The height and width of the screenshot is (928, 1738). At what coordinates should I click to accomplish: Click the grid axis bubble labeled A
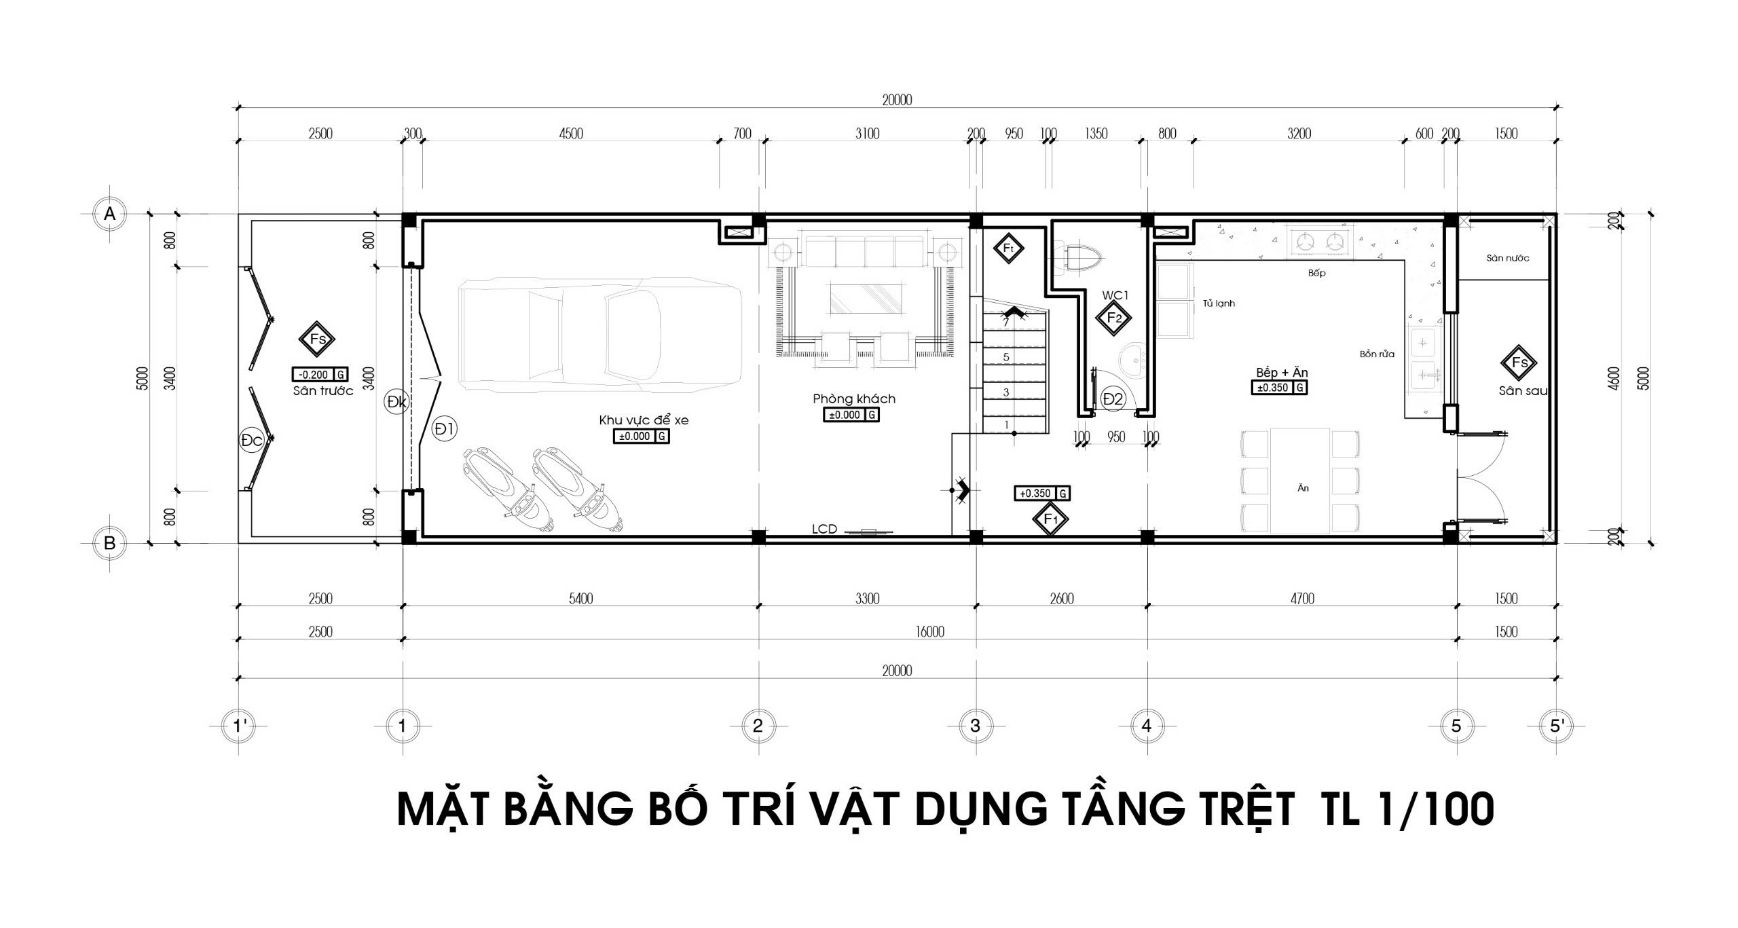point(109,214)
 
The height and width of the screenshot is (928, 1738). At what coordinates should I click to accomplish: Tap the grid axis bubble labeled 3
point(975,726)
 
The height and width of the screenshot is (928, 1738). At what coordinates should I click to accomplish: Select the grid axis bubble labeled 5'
point(1557,726)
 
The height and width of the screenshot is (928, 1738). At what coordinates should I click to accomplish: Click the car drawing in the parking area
point(600,335)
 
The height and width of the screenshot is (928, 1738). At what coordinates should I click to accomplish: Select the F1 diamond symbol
point(1050,519)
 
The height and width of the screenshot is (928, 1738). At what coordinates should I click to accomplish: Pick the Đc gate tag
point(252,440)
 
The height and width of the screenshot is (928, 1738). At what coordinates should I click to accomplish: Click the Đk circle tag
point(396,402)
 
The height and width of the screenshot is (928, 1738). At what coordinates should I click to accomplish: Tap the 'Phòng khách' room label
point(854,399)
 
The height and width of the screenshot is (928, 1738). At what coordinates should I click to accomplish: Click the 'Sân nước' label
point(1507,258)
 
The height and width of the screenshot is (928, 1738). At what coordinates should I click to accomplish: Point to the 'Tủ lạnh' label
point(1219,303)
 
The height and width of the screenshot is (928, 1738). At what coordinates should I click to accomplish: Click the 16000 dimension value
point(929,632)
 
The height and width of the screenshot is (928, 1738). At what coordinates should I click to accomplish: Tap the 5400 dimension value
point(580,599)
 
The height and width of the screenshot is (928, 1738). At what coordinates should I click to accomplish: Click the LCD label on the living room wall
point(824,529)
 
